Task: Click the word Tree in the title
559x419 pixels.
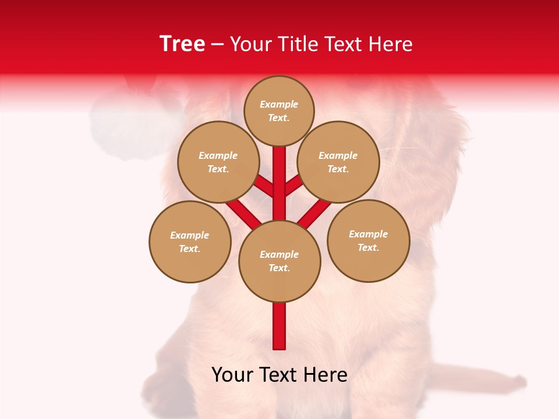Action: click(x=182, y=44)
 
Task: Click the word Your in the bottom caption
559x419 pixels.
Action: click(x=232, y=375)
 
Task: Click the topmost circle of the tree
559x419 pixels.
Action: click(x=279, y=111)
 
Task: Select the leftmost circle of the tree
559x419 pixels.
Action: click(x=190, y=242)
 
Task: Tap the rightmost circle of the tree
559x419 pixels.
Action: click(x=368, y=240)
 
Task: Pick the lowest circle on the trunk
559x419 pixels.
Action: click(x=279, y=261)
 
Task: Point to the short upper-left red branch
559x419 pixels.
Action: click(x=265, y=186)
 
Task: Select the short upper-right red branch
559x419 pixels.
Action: click(x=293, y=185)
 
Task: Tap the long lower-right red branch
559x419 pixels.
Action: click(x=314, y=212)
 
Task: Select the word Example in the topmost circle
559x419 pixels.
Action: click(x=279, y=104)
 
